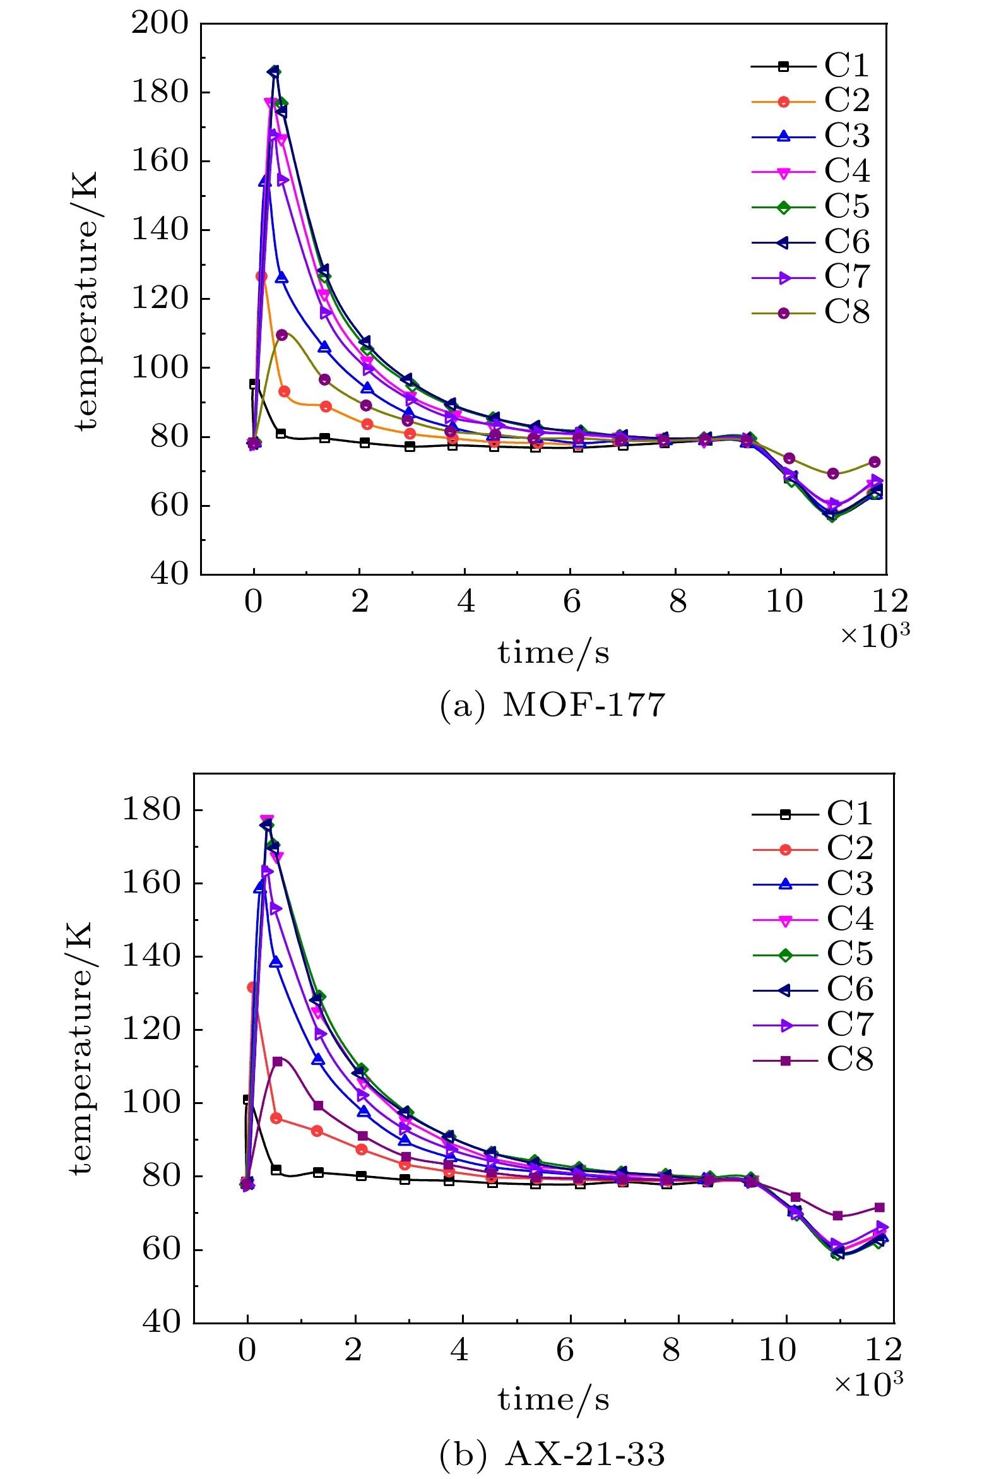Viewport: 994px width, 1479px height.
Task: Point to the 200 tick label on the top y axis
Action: pos(160,23)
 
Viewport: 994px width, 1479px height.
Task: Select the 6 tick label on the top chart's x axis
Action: pos(572,601)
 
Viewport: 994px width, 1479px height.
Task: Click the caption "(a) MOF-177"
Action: pos(552,705)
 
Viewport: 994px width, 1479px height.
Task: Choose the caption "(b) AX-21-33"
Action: pos(552,1454)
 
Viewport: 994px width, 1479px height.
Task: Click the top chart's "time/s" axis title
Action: pos(553,653)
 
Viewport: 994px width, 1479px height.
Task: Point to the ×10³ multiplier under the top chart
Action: pos(875,635)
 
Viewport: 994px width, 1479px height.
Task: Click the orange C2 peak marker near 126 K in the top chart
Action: pos(261,276)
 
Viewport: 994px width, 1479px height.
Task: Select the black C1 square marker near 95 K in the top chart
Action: pos(254,384)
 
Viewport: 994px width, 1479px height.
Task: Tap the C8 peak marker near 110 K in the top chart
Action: pos(282,335)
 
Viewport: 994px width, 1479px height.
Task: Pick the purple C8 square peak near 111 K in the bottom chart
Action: pos(277,1061)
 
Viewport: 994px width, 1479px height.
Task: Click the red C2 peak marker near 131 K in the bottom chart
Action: pos(252,987)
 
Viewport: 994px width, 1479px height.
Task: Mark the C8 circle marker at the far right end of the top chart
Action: pos(875,461)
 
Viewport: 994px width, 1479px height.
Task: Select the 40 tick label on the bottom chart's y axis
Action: pos(161,1322)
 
